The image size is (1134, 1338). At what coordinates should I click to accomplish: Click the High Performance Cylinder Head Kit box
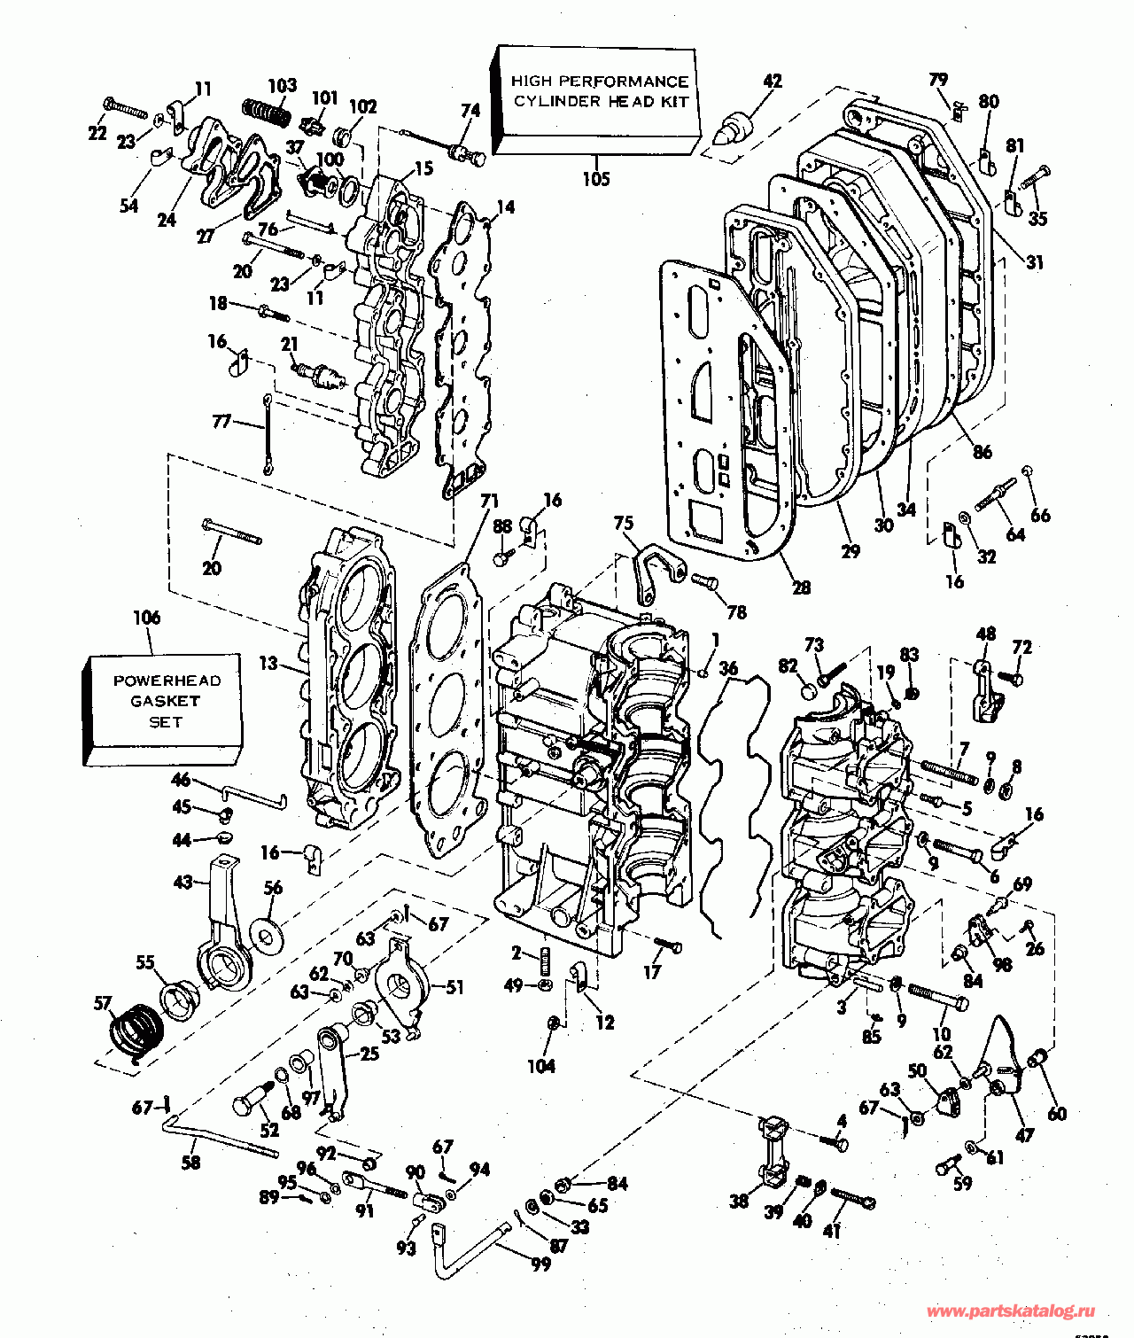595,99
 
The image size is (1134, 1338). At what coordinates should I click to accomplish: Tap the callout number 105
596,179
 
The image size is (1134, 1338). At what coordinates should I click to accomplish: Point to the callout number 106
147,618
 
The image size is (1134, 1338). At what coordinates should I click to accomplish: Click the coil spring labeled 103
266,113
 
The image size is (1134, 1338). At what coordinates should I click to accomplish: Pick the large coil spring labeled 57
138,1032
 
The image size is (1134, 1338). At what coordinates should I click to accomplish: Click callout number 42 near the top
773,81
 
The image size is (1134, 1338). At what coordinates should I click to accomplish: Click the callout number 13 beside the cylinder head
268,663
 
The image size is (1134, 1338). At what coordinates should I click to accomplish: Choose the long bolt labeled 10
937,997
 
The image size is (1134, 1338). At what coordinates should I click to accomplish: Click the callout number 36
728,669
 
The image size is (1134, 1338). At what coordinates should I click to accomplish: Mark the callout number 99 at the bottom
540,1264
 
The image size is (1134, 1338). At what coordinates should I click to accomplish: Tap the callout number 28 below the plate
801,587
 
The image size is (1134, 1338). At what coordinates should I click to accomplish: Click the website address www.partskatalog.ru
1010,1311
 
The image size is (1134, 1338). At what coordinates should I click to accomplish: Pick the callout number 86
983,452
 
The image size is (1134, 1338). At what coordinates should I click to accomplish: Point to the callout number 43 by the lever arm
183,883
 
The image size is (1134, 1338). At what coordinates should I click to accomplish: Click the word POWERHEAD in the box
167,681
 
